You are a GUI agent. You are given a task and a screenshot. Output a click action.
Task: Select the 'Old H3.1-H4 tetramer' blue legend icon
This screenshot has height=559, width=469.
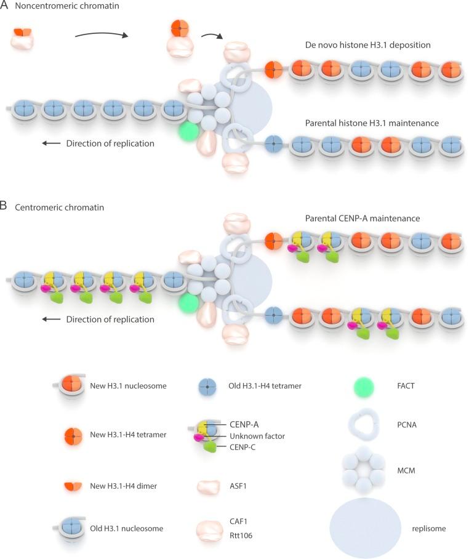coord(208,387)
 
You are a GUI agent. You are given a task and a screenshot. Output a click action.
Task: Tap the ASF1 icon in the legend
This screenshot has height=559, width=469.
coord(208,486)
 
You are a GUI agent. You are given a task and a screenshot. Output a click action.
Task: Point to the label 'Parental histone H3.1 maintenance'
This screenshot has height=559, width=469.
coord(372,123)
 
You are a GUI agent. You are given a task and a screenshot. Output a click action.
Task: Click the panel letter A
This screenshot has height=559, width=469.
coord(5,7)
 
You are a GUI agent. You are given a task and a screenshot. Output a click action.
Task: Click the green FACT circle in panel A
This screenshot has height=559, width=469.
coord(189,131)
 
